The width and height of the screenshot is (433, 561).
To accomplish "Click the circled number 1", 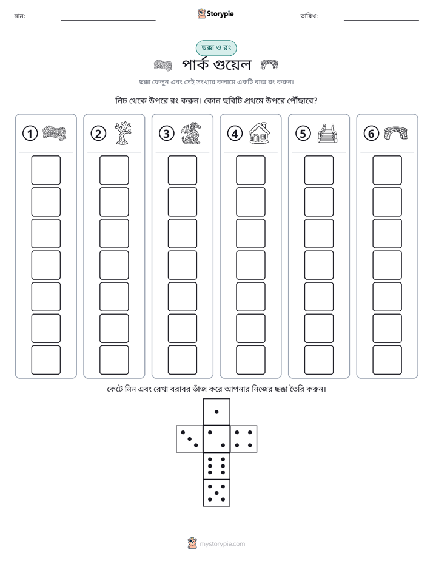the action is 30,134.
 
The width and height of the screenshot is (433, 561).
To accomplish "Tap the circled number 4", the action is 235,134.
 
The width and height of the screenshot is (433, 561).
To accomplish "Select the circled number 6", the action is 371,134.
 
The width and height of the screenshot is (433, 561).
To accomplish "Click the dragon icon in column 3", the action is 191,134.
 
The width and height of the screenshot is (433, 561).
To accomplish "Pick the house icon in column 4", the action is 259,133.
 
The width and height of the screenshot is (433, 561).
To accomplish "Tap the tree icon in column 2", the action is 123,134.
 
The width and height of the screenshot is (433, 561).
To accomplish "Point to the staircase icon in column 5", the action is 327,134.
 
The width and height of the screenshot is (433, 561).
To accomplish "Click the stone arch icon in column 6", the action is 396,133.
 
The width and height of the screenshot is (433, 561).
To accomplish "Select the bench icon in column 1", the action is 55,133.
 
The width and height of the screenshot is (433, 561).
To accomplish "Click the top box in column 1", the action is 45,170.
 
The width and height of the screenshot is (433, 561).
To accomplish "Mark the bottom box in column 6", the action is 388,360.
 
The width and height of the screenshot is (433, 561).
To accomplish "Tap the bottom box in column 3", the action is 182,360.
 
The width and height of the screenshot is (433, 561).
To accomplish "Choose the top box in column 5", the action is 319,170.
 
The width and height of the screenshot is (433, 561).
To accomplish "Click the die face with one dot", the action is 216,412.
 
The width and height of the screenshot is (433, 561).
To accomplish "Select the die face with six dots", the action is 216,466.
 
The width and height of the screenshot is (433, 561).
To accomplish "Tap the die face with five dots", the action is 216,493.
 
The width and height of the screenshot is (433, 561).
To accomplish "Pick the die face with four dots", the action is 244,439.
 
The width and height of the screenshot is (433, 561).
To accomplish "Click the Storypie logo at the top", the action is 215,14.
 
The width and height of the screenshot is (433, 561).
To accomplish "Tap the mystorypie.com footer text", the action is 222,544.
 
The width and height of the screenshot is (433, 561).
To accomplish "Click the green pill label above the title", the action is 216,48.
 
